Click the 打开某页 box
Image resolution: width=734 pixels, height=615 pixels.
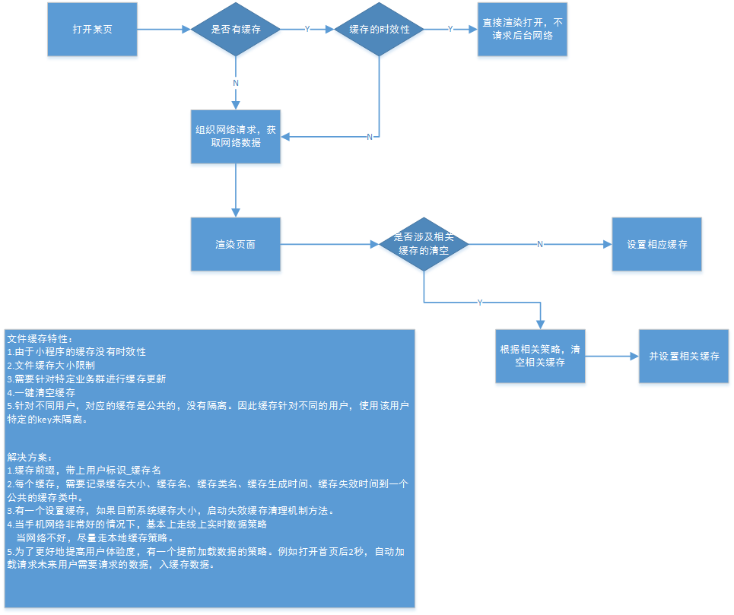pos(93,29)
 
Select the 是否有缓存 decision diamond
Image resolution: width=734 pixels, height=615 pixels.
pos(236,29)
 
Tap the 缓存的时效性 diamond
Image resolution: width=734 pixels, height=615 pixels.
pos(379,29)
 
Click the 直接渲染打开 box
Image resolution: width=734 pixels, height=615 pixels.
pos(523,29)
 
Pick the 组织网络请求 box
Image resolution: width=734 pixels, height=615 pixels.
pos(236,137)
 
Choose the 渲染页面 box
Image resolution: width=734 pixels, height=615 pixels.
pos(236,245)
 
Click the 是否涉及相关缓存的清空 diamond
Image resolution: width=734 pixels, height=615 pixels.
pos(424,244)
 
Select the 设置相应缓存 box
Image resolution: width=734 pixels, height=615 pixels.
pos(657,245)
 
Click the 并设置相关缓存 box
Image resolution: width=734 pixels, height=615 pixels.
pos(684,356)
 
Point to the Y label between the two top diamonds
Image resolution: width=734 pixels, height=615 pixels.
pos(307,29)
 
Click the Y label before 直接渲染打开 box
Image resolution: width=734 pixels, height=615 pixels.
pos(450,29)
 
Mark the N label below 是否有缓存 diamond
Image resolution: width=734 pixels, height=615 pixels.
pos(236,82)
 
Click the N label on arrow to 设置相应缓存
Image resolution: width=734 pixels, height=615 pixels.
pos(540,245)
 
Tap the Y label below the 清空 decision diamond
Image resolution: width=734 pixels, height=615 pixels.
pos(479,303)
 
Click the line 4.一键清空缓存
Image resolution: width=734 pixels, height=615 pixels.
pos(41,392)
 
